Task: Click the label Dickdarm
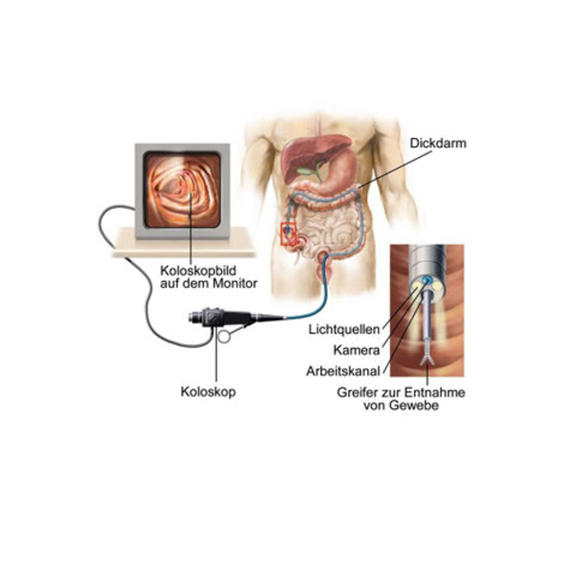438,143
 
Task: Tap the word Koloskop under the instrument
208,392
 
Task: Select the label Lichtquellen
344,329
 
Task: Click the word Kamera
356,350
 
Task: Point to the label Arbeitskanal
343,371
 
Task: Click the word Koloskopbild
198,271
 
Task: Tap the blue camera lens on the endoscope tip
426,281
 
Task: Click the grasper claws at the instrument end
427,359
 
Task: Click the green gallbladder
308,171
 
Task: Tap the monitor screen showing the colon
183,190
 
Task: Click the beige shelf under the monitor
183,244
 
